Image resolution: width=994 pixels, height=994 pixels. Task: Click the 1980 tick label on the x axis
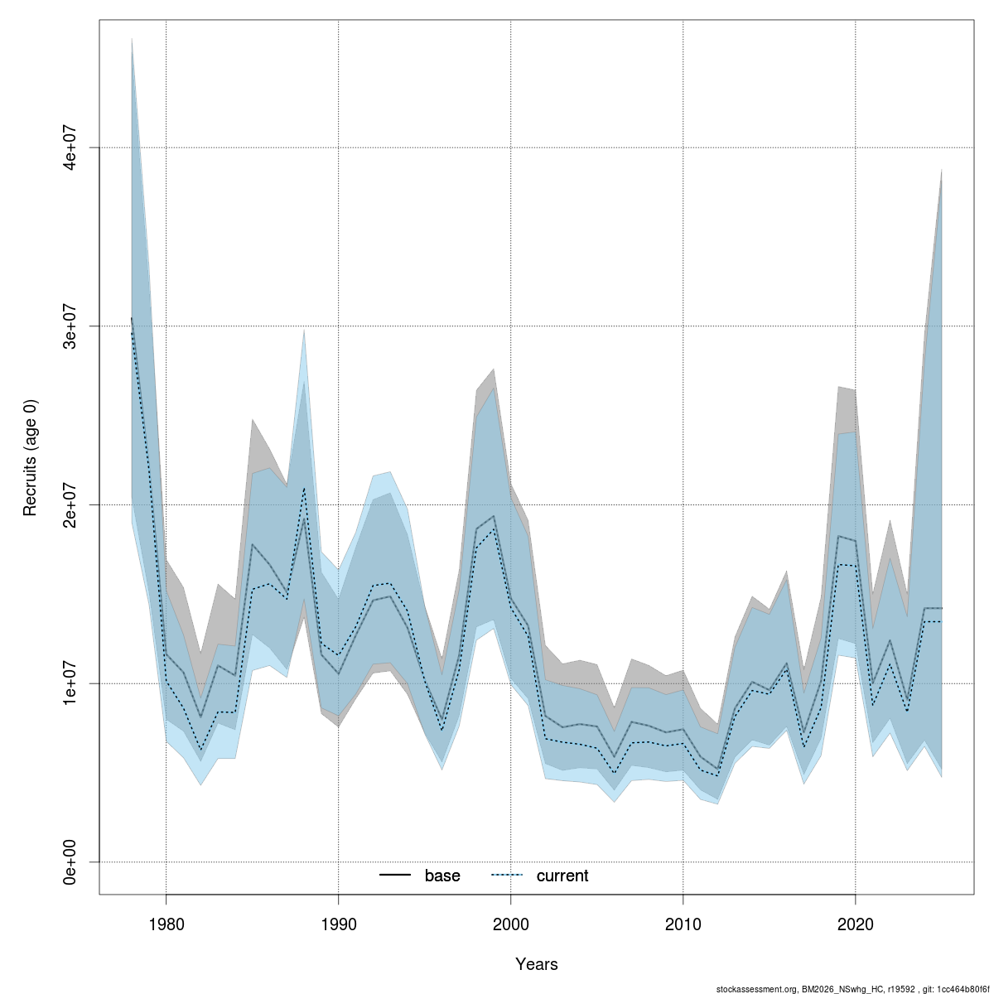[x=166, y=922]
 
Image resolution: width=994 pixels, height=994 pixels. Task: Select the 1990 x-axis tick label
[x=338, y=922]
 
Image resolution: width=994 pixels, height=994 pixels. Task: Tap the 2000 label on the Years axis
[x=510, y=922]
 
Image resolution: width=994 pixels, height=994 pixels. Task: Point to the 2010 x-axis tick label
[x=683, y=922]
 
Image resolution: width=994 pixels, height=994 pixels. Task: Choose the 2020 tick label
[x=855, y=922]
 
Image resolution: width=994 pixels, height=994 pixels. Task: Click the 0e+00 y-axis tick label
[x=71, y=861]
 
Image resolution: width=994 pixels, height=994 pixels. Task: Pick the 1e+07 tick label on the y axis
[x=71, y=683]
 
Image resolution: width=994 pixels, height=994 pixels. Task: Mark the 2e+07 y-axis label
[x=71, y=504]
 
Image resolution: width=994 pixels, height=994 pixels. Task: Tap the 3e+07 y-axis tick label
[x=71, y=326]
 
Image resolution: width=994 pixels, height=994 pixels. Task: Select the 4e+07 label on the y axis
[x=71, y=147]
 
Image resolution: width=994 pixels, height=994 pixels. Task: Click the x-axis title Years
[x=536, y=964]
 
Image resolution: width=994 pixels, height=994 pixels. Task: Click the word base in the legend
[x=442, y=876]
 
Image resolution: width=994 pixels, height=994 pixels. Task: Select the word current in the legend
[x=562, y=876]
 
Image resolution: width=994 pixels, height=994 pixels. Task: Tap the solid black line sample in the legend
[x=396, y=876]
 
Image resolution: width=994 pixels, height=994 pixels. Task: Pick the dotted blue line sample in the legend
[x=508, y=876]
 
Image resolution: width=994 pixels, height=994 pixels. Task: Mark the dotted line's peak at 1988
[x=304, y=489]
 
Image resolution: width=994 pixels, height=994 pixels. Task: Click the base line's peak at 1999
[x=494, y=516]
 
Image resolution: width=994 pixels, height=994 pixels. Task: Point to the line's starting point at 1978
[x=131, y=318]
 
